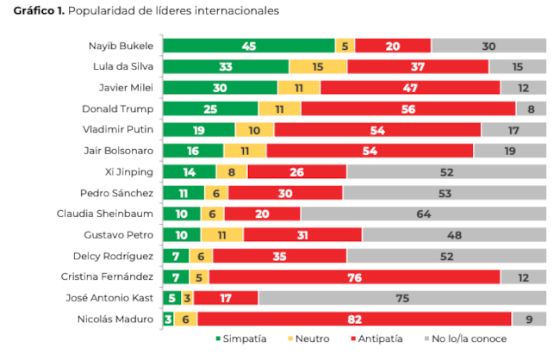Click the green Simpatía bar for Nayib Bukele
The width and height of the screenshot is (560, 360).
point(248,46)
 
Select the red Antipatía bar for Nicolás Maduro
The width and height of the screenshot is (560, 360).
point(354,319)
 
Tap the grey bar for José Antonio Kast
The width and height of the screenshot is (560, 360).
point(401,298)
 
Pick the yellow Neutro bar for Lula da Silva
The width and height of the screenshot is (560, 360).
point(318,66)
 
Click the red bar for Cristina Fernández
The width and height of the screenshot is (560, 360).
point(354,276)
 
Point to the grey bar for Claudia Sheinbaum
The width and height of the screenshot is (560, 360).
point(423,214)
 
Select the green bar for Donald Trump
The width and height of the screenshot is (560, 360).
point(210,109)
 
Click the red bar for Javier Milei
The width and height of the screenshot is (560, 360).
point(410,88)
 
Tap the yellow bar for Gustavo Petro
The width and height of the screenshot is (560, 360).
point(222,234)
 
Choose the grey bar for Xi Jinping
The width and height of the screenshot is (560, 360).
point(446,171)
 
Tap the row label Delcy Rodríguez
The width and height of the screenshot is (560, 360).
point(119,256)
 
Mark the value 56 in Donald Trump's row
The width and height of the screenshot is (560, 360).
point(408,109)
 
